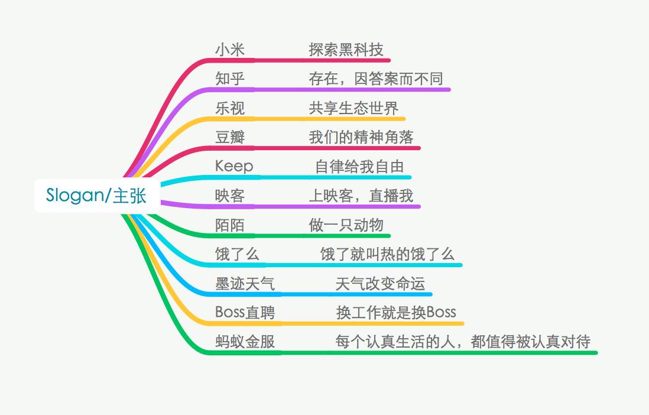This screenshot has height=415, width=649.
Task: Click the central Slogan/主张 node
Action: point(96,196)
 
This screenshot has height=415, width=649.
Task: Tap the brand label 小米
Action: point(230,50)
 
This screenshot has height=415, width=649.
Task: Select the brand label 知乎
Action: point(230,79)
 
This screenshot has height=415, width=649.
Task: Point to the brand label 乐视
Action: point(230,108)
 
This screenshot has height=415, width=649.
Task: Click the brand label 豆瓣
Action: point(230,137)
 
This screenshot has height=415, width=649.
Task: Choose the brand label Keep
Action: point(234,167)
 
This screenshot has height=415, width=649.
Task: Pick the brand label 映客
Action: point(230,196)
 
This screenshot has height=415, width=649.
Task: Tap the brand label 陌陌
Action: point(230,225)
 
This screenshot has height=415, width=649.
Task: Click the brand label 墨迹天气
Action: point(245,284)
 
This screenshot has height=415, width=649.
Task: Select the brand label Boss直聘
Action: point(245,313)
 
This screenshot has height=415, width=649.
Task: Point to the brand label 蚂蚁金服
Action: point(245,342)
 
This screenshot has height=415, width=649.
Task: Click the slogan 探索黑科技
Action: point(346,50)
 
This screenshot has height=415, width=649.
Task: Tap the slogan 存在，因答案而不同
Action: point(376,79)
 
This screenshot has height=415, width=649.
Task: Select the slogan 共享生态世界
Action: point(353,108)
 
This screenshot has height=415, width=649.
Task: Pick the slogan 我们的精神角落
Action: point(361,137)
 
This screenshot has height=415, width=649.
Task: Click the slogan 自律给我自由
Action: point(359,167)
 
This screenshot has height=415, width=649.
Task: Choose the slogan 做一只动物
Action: point(346,225)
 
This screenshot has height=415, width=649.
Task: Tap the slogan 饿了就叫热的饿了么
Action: point(387,254)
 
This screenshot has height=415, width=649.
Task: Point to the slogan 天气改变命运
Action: point(381,284)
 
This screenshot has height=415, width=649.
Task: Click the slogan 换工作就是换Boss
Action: point(396,313)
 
